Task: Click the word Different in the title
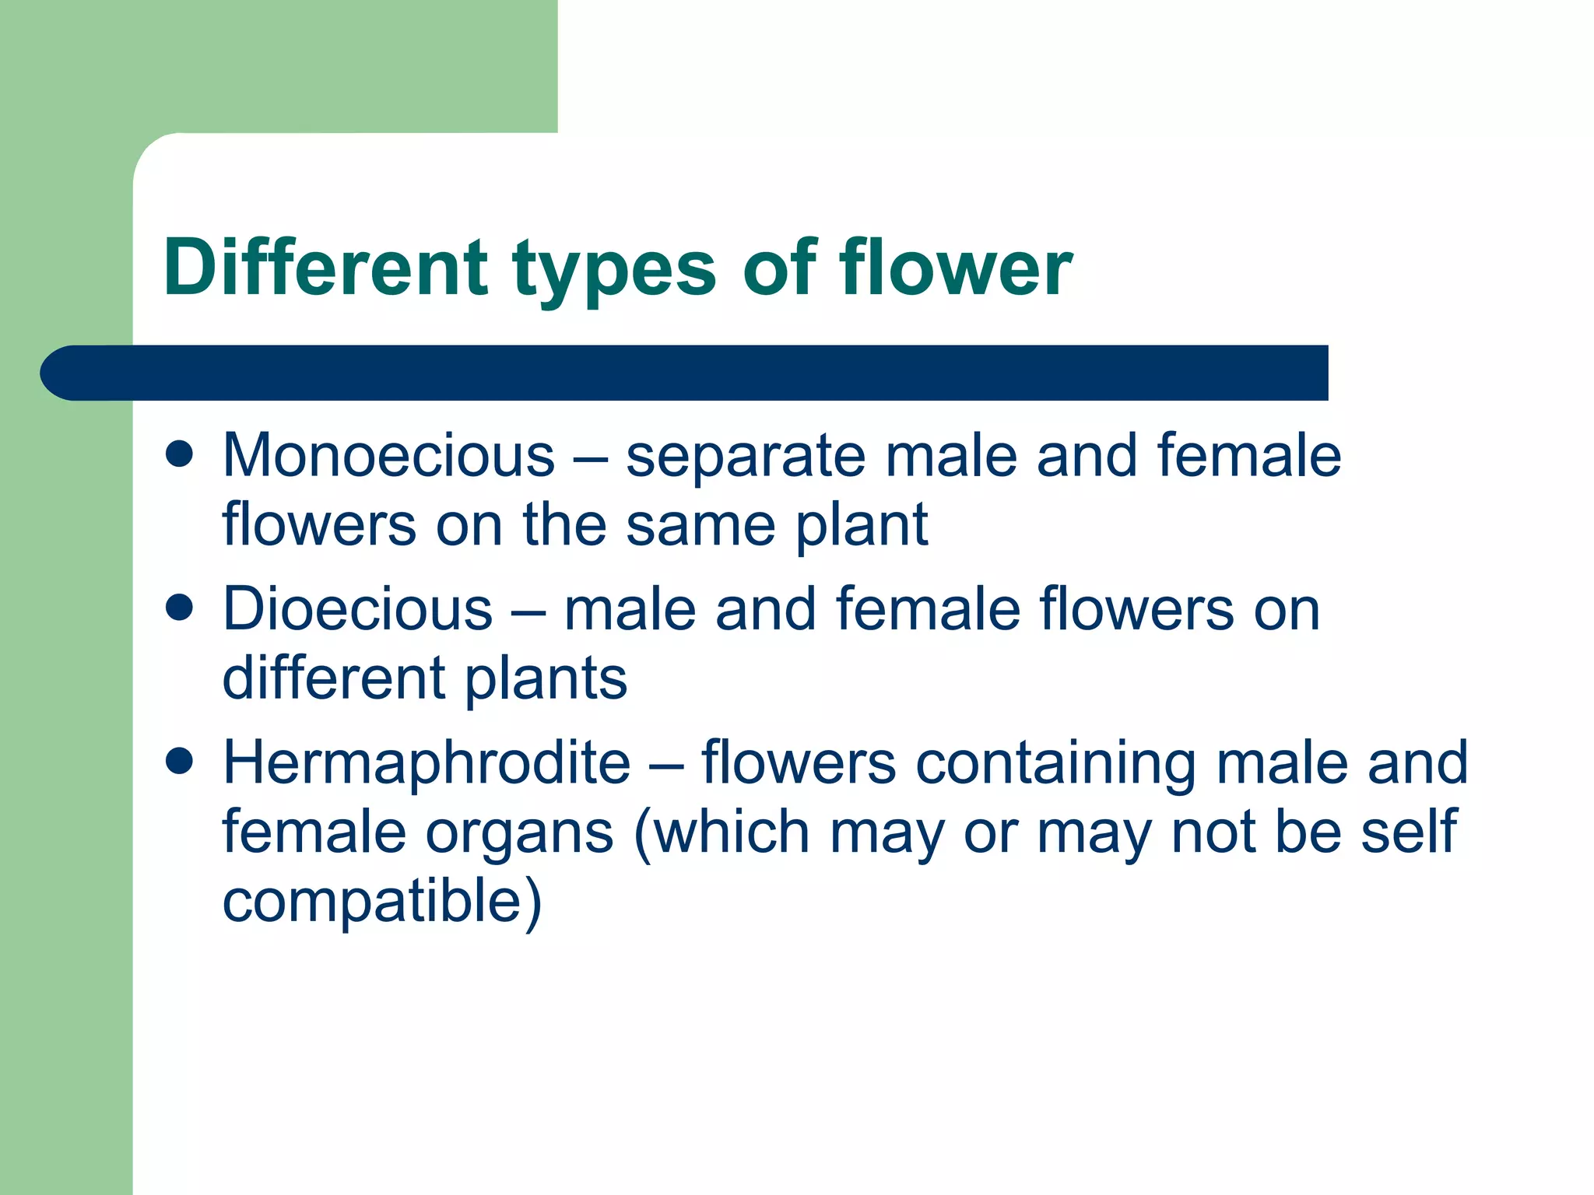coord(325,268)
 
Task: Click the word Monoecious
coord(388,455)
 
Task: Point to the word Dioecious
coord(357,609)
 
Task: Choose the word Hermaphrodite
coord(427,762)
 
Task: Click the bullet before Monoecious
coord(180,454)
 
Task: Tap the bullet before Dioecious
coord(180,608)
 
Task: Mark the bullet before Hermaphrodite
coord(180,762)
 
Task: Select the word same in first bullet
coord(700,524)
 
